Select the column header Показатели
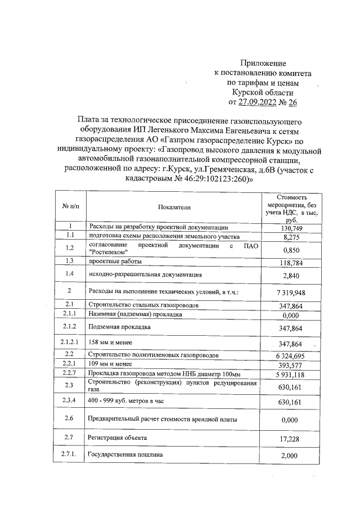(174, 208)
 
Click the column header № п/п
(70, 208)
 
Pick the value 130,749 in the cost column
(291, 228)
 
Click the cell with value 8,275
(291, 237)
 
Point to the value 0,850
(291, 250)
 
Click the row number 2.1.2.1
(70, 343)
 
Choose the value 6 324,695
(291, 355)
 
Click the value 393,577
(291, 365)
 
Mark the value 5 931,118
(291, 375)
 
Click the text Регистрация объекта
(118, 437)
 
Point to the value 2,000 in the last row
(291, 456)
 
